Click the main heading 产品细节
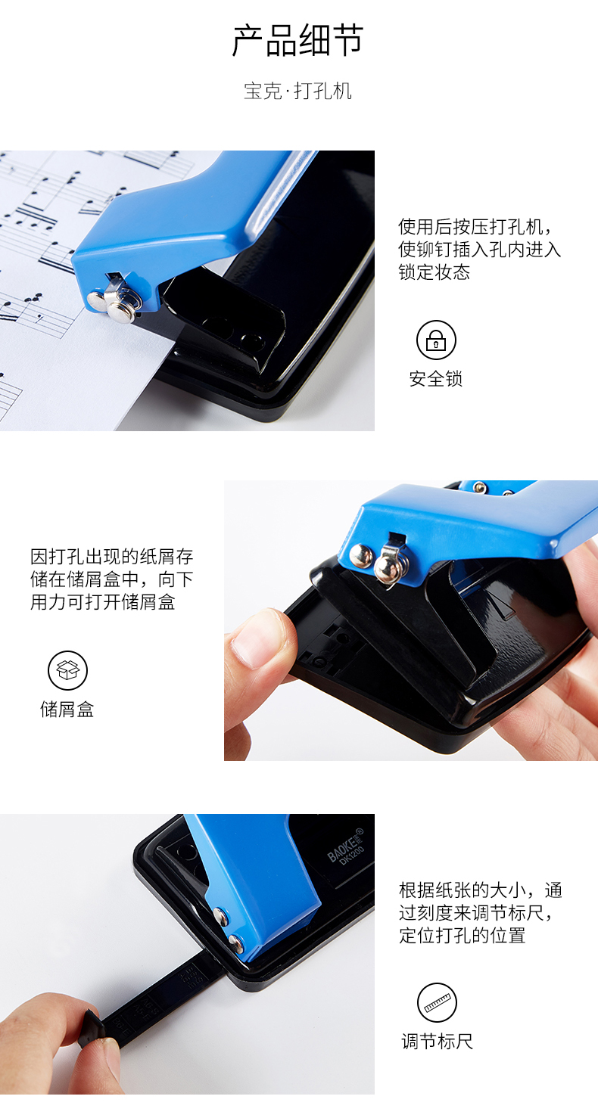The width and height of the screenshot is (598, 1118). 297,40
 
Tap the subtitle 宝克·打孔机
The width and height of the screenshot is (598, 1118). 297,92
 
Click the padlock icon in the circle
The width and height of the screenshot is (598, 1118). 436,340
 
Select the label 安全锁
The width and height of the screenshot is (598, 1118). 436,379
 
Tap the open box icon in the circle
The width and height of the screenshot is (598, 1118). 67,670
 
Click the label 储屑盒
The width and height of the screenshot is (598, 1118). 67,710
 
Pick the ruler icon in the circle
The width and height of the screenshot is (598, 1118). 437,1003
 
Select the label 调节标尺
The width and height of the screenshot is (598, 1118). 437,1042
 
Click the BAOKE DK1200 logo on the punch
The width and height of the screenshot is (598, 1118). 346,846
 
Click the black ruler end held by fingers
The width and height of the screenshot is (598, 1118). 92,1029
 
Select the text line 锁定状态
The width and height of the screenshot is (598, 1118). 434,272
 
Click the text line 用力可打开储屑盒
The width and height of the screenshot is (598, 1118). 102,602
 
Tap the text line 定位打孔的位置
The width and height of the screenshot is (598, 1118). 462,936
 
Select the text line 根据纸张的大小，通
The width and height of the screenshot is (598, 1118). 481,890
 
